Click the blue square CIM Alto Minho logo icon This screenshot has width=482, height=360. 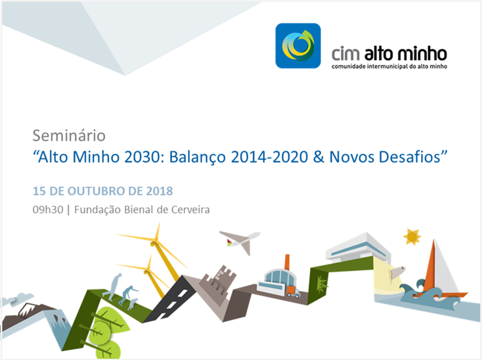coord(298,46)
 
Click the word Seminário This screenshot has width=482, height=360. coord(69,135)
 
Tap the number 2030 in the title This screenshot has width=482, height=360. coord(143,157)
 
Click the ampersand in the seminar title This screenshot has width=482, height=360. coord(319,157)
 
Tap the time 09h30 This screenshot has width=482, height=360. coord(48,210)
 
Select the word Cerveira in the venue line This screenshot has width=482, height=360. coord(191,210)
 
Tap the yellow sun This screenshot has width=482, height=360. coord(412,237)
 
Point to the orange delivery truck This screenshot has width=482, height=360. coord(293,292)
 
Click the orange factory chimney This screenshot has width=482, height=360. coord(287,262)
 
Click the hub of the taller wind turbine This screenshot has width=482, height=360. coord(154,243)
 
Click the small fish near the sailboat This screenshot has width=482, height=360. coord(397,272)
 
